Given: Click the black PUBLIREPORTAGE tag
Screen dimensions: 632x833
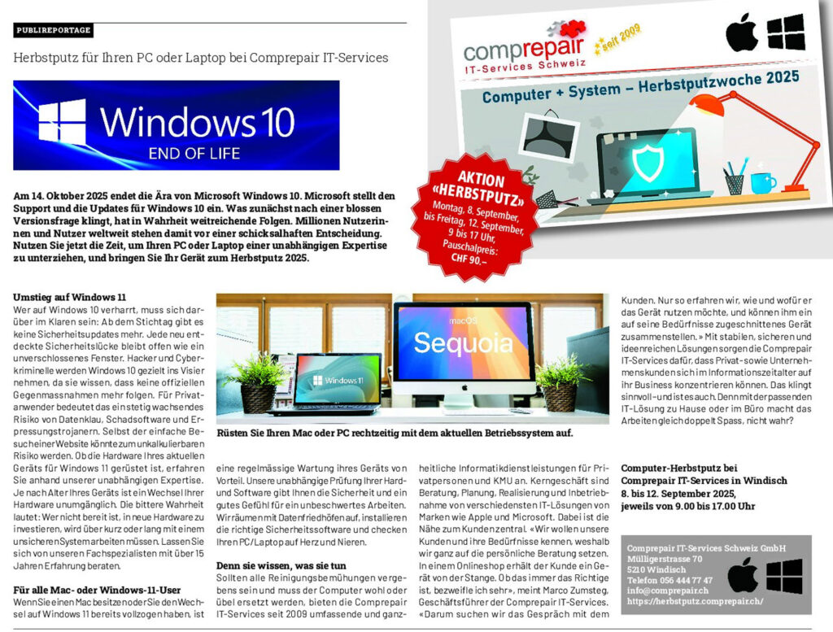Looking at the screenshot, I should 54,31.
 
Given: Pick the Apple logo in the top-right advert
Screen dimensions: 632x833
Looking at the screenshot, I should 741,33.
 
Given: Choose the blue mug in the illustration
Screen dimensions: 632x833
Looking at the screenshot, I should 761,181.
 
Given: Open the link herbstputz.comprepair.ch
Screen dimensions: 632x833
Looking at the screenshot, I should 695,601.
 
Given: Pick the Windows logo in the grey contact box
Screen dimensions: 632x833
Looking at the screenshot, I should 784,575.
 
